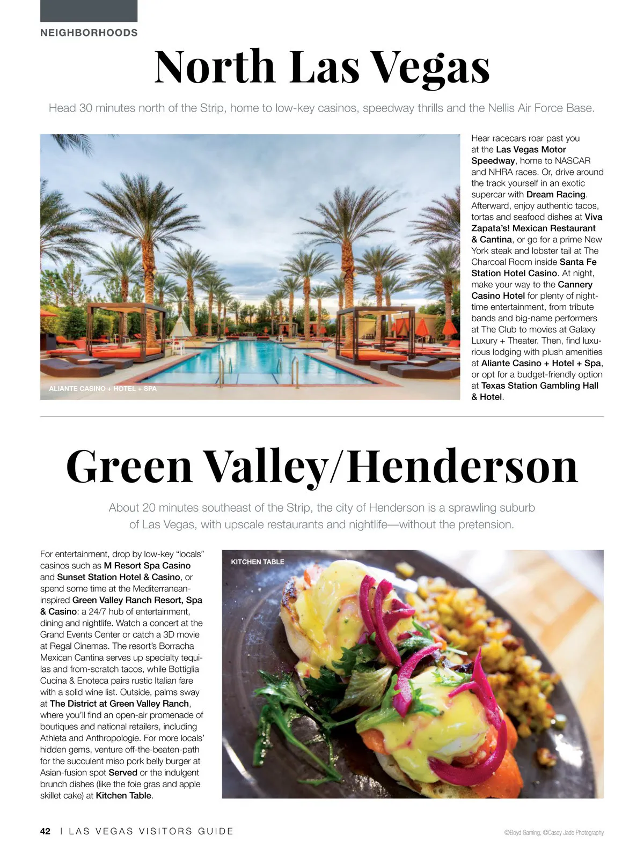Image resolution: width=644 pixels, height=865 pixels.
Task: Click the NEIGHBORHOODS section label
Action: pos(89,33)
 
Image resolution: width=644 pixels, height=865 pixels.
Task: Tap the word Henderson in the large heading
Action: pos(463,467)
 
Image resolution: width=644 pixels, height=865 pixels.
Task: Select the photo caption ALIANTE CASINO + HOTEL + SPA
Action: pos(103,388)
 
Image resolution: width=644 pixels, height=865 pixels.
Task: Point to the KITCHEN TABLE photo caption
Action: pos(258,562)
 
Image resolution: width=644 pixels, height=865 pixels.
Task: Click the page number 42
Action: pos(45,831)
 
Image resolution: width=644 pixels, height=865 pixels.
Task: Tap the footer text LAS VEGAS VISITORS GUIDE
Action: pos(151,831)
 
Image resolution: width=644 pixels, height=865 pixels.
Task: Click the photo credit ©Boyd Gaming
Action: pos(522,833)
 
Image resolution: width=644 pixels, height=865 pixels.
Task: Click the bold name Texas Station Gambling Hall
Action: pos(539,386)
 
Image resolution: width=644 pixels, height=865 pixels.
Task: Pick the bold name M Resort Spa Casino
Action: pos(147,566)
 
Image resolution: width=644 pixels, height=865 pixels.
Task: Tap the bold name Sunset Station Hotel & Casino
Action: pos(119,577)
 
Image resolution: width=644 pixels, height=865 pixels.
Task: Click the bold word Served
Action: pos(123,773)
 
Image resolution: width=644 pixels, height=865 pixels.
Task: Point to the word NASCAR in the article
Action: pos(573,161)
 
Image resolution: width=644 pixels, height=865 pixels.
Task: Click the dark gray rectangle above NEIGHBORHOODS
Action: pos(89,11)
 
